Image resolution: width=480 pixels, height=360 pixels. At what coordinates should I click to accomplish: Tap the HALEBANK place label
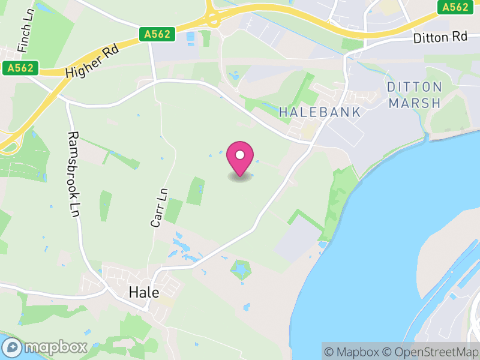pyautogui.click(x=320, y=112)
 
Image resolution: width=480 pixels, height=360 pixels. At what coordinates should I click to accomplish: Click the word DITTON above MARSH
pyautogui.click(x=415, y=87)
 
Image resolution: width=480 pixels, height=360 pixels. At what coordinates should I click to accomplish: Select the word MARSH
pyautogui.click(x=415, y=103)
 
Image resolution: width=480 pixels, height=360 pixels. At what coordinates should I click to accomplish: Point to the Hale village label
pyautogui.click(x=144, y=293)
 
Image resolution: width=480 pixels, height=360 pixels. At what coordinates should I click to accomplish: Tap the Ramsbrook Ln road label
pyautogui.click(x=74, y=174)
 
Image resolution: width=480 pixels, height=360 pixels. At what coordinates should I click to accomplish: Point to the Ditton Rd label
pyautogui.click(x=440, y=37)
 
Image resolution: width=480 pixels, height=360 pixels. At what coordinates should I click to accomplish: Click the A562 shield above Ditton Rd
pyautogui.click(x=455, y=7)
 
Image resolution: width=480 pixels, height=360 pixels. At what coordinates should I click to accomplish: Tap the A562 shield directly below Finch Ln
pyautogui.click(x=19, y=68)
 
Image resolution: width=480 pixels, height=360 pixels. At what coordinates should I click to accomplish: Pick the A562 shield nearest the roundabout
pyautogui.click(x=159, y=35)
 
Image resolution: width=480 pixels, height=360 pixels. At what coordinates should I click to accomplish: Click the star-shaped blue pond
pyautogui.click(x=242, y=271)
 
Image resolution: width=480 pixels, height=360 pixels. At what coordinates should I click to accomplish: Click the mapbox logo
pyautogui.click(x=46, y=347)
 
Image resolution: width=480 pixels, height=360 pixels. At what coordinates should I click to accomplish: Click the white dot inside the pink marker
pyautogui.click(x=240, y=155)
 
